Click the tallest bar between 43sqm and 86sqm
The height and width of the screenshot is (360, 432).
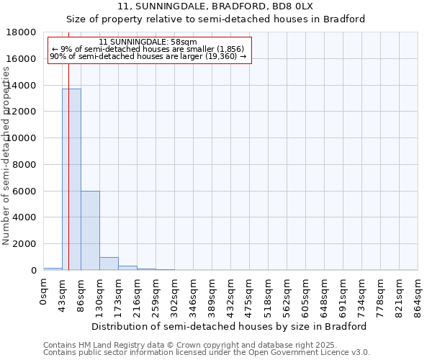coord(71,180)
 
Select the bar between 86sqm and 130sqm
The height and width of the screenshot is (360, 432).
coord(90,230)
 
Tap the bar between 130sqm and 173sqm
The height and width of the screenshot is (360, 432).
coord(109,264)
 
